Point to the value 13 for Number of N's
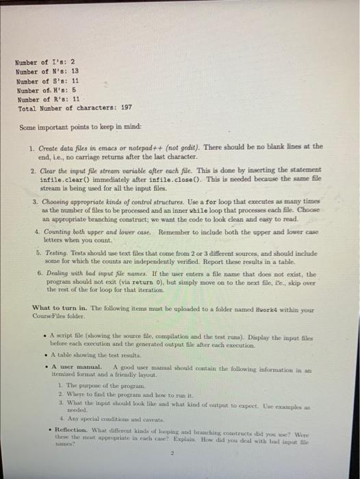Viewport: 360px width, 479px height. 75,70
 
